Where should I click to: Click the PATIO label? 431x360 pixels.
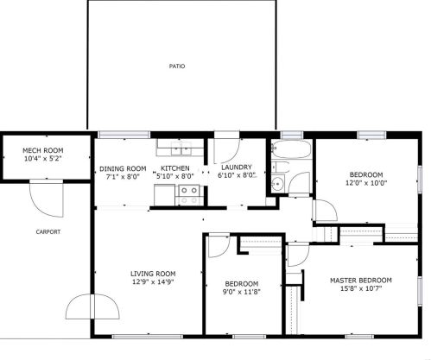point(177,66)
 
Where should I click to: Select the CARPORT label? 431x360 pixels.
point(48,231)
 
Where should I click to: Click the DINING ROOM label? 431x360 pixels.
point(123,168)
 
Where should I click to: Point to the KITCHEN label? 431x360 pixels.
point(174,168)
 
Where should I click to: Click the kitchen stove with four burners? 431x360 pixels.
point(188,193)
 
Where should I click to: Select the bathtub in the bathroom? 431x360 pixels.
point(285,154)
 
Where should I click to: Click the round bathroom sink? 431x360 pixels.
point(278,184)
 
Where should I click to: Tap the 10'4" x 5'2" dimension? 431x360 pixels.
point(42,159)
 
